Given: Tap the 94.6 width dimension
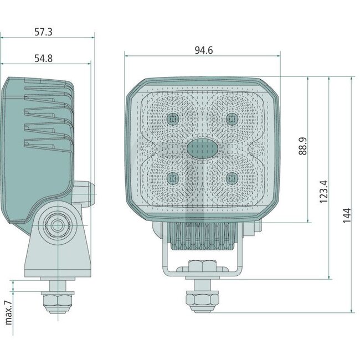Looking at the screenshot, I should [x=204, y=50].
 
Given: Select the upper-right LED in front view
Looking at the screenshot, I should [x=231, y=118].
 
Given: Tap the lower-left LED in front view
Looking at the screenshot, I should [x=173, y=177].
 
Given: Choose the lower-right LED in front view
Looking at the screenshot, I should [x=231, y=177].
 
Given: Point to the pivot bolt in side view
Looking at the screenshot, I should [x=56, y=225].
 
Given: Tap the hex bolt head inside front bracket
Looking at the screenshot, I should [x=202, y=265].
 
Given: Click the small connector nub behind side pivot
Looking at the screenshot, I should [x=89, y=191].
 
